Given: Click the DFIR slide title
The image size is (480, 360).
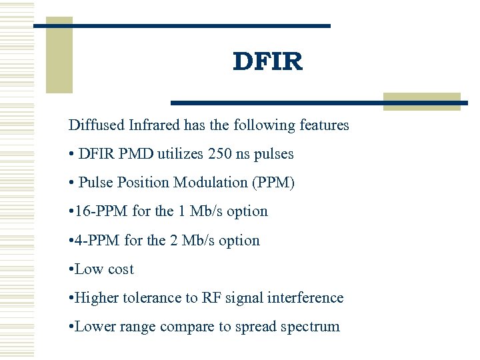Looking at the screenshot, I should tap(268, 62).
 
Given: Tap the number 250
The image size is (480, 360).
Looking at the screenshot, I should tap(219, 153).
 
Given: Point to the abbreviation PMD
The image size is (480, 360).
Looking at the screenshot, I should tap(139, 153).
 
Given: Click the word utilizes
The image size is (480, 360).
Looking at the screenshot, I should tap(181, 153).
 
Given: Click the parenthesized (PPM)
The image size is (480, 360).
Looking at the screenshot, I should tap(273, 182).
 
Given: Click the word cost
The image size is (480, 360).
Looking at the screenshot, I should tap(121, 269).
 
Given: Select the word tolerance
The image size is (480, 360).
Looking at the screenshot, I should tap(153, 298).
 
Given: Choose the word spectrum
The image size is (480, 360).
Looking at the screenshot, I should tap(311, 327).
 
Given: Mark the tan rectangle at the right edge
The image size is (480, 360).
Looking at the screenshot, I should tap(421, 101).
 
